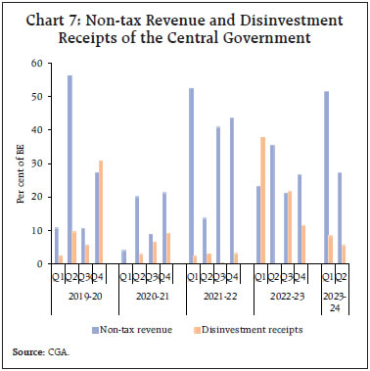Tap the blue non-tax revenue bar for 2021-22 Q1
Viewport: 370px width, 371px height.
191,176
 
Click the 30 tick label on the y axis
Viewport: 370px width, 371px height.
37,163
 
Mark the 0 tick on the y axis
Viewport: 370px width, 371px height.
40,264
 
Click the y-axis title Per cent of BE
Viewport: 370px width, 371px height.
19,164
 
